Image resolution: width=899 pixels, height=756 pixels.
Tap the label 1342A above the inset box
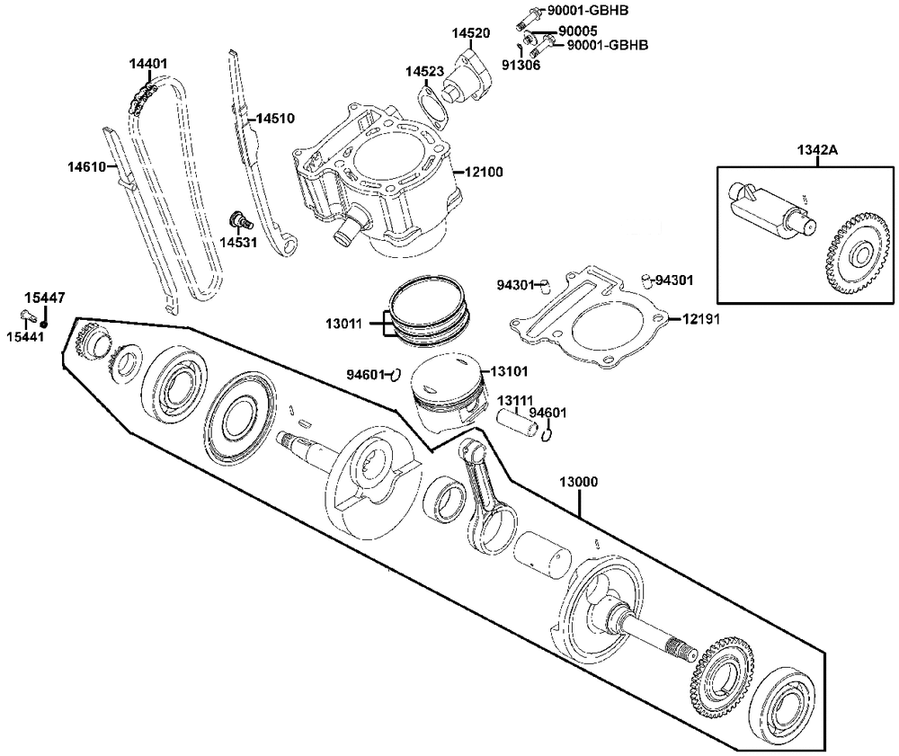pos(816,149)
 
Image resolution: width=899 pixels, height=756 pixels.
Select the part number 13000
pos(578,481)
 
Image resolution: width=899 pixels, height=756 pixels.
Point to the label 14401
pos(147,64)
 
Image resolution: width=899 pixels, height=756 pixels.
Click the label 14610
pos(86,166)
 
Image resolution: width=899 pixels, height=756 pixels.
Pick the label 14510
pos(274,118)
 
